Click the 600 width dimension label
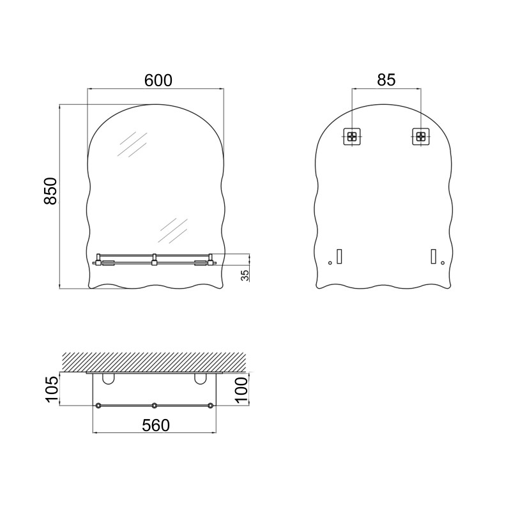[x=158, y=80]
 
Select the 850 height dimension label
[x=50, y=191]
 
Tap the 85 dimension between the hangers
[x=386, y=80]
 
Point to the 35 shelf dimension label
[x=245, y=275]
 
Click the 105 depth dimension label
[x=52, y=389]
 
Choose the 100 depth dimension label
[x=241, y=390]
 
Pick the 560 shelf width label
[x=156, y=425]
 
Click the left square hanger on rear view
[x=352, y=136]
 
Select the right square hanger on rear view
[x=421, y=136]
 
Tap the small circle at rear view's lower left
[x=330, y=263]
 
